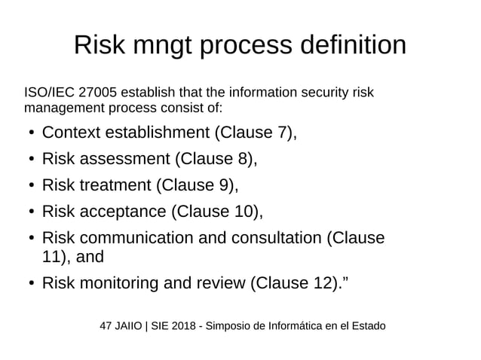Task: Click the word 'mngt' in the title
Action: pyautogui.click(x=164, y=46)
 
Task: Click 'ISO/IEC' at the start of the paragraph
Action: pyautogui.click(x=49, y=93)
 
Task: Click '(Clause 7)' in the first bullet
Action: pyautogui.click(x=255, y=133)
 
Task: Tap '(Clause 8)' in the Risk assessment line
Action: pyautogui.click(x=216, y=159)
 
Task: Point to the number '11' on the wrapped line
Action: pyautogui.click(x=51, y=257)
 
